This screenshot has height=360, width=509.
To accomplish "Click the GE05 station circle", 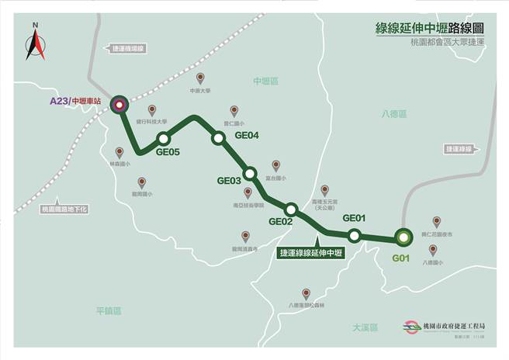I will coord(163,139).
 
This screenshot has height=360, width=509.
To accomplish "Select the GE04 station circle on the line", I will coord(219,137).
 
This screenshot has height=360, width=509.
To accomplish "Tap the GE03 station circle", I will coord(250,173).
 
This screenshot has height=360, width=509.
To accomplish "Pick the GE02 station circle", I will coord(291,209).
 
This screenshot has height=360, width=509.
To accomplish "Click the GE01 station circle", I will coord(354,235).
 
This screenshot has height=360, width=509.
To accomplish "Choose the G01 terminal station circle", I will coord(403,237).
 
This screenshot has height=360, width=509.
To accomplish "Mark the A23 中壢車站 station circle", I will coord(119,106).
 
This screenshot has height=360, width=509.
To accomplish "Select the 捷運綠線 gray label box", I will coord(462,148).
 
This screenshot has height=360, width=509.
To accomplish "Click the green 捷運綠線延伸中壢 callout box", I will coord(311,252).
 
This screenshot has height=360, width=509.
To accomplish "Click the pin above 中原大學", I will coord(200,78).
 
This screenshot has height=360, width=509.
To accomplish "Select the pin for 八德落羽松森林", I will coord(306,293).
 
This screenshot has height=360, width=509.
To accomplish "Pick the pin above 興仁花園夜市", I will coord(436,221).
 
